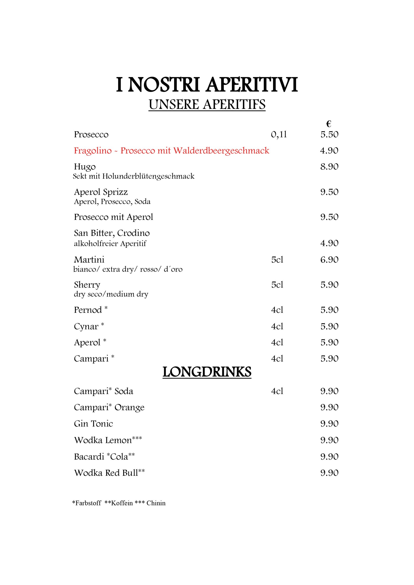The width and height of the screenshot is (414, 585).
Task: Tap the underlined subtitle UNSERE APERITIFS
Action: coord(207,105)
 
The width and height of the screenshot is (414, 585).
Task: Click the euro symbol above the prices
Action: coord(328,124)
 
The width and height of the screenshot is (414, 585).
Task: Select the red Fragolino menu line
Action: coord(171,151)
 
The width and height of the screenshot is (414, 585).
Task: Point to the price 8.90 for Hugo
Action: coord(329,167)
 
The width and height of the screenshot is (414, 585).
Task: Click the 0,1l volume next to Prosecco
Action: coord(279,134)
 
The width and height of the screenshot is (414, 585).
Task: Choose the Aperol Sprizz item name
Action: coord(101,192)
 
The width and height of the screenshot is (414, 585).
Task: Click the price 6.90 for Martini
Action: coord(329,260)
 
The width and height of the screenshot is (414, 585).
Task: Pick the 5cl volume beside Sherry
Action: coord(277,285)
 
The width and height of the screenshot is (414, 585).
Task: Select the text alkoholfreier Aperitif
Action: coord(110,244)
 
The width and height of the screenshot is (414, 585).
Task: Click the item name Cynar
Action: coord(86,326)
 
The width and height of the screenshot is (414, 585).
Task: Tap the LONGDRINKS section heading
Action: coord(207,372)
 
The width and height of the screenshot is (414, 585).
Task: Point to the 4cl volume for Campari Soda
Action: coord(277,391)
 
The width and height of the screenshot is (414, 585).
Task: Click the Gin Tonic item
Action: coord(93,424)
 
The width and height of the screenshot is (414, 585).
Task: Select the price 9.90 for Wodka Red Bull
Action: coord(329,473)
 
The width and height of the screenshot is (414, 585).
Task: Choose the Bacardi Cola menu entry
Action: coord(104,457)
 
